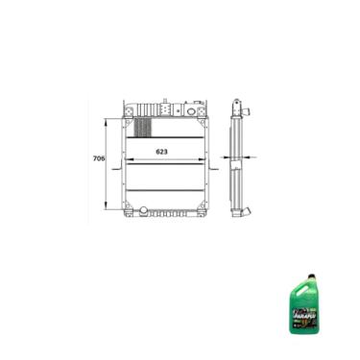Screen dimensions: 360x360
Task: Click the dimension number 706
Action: [x=98, y=158]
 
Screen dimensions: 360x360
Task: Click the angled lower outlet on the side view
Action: [x=247, y=210]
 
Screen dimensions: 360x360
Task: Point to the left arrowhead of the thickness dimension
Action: [x=225, y=157]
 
